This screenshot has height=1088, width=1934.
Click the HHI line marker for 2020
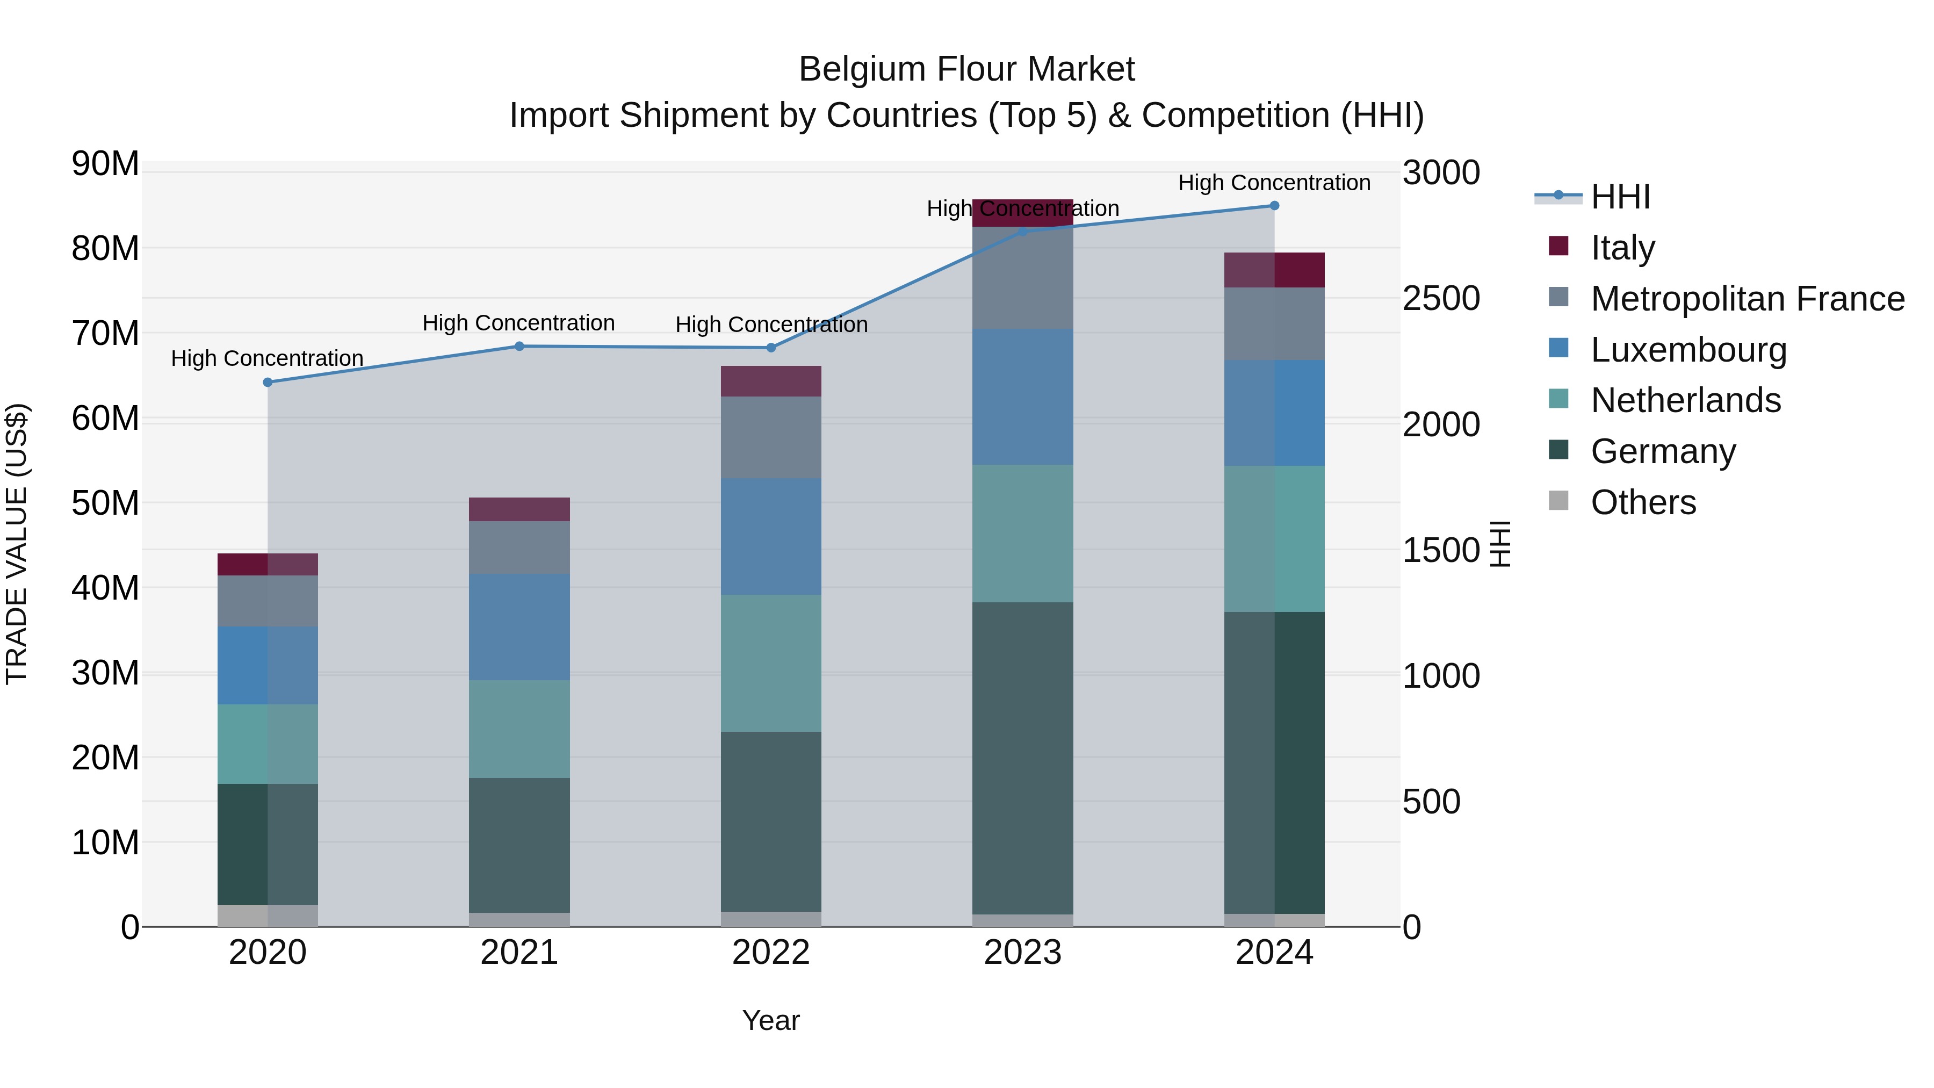(268, 382)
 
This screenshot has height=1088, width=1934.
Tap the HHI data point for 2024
(1274, 206)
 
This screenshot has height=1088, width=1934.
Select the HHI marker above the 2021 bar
(519, 346)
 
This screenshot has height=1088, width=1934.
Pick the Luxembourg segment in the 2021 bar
(519, 627)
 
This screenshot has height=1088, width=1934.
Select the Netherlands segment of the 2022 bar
(771, 663)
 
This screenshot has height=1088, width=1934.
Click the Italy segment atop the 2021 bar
(519, 509)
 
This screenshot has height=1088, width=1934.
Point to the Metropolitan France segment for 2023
(1022, 278)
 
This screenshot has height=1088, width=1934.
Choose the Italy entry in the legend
(1622, 247)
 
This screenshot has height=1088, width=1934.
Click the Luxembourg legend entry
(1688, 349)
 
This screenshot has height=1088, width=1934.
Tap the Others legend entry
(1643, 502)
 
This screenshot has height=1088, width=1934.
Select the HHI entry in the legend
(1619, 197)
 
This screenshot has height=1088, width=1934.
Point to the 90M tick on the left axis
(105, 164)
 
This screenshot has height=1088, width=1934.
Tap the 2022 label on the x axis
(771, 953)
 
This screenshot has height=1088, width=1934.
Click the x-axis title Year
(771, 1020)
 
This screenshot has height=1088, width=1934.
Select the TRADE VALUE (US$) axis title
(17, 544)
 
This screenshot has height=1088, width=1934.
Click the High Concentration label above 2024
(1274, 183)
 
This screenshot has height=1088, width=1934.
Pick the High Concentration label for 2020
(268, 358)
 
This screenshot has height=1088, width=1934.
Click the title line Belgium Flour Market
(966, 69)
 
